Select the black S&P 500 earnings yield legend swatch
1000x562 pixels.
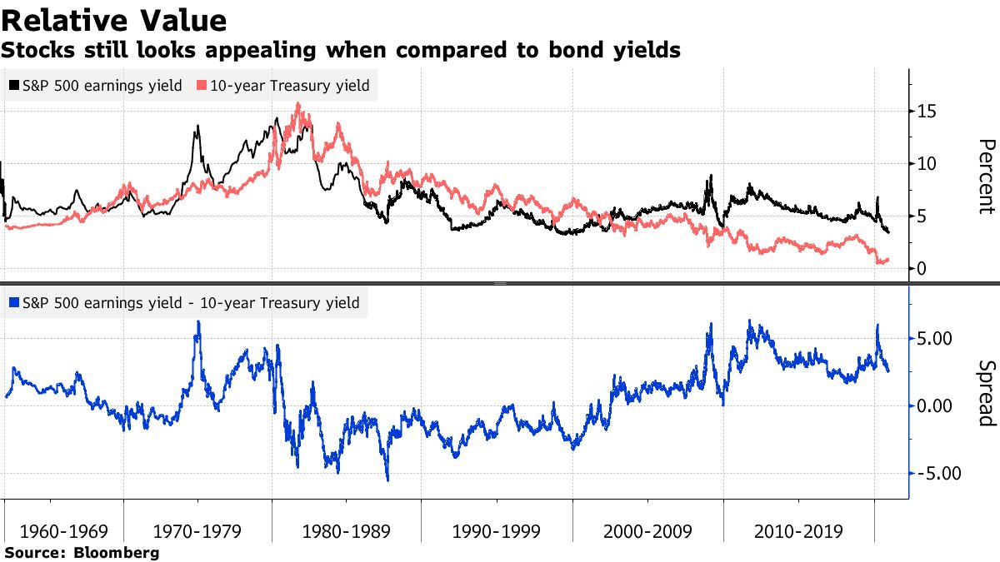tap(14, 85)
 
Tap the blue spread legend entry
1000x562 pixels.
tap(182, 303)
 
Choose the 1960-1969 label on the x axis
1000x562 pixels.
tap(64, 531)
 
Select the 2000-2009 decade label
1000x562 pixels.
tap(647, 531)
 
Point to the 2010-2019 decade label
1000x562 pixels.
tap(797, 531)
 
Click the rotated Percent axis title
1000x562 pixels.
tap(986, 177)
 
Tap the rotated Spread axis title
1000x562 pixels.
tap(986, 393)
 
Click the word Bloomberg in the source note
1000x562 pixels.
tap(117, 552)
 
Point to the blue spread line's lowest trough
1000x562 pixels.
tap(387, 480)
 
